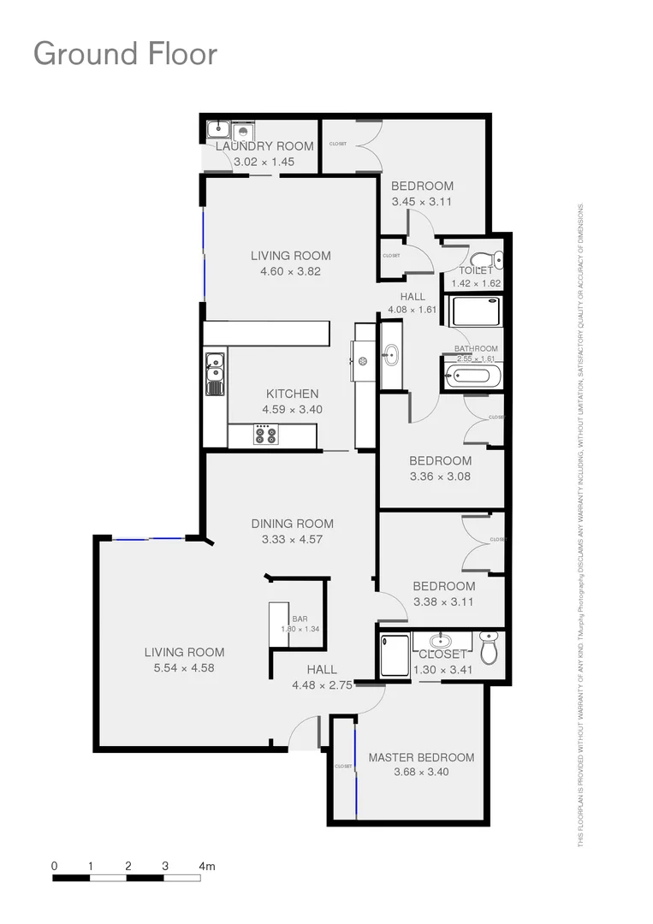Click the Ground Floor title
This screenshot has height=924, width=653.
click(125, 53)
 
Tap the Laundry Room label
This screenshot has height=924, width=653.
click(264, 146)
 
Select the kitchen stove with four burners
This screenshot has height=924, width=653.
click(265, 435)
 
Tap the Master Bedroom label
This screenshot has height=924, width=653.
click(421, 757)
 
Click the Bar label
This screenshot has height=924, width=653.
click(300, 619)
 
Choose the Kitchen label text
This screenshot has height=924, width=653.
click(292, 394)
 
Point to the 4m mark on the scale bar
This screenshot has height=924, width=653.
click(206, 866)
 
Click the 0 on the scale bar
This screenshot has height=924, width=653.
click(55, 866)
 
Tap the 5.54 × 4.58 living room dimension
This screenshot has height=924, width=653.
click(184, 667)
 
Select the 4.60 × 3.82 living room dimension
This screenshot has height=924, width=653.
click(291, 271)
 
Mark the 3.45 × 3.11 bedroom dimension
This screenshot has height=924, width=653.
click(422, 202)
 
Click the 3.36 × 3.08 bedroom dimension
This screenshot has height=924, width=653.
click(440, 477)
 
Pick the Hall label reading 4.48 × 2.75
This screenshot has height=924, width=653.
click(322, 684)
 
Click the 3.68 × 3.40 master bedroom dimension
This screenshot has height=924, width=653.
click(421, 772)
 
